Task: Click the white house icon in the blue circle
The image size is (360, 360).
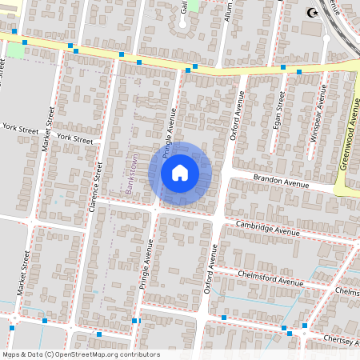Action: [x=180, y=173]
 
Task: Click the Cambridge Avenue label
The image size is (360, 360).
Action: [x=267, y=228]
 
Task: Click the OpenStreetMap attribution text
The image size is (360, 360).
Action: [x=81, y=354]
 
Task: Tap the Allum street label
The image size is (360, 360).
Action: [x=229, y=11]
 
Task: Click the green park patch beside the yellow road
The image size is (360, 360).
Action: [x=15, y=50]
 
